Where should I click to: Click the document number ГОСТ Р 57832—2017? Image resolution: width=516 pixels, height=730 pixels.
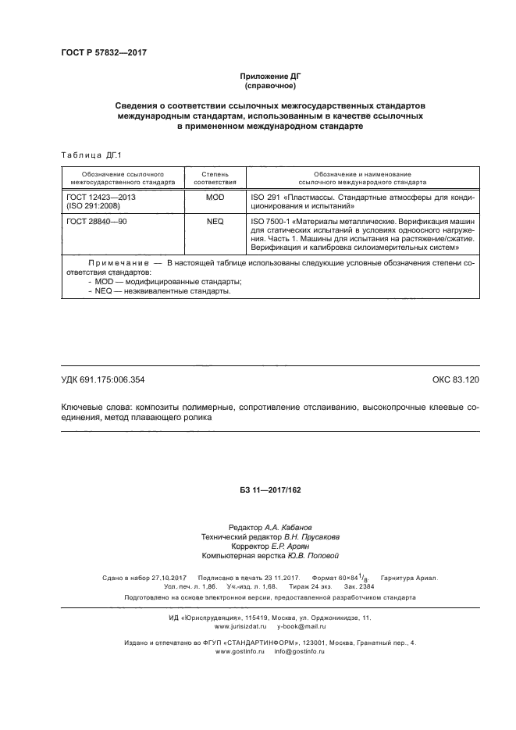(x=103, y=52)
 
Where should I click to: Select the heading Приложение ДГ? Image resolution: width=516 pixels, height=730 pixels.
(x=269, y=76)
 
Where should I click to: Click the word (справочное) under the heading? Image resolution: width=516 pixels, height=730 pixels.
(x=269, y=85)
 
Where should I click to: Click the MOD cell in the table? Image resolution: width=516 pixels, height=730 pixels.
(x=215, y=198)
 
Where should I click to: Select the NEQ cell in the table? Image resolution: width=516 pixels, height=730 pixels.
(x=215, y=222)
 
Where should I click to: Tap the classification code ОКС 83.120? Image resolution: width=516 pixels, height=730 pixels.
(x=455, y=379)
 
